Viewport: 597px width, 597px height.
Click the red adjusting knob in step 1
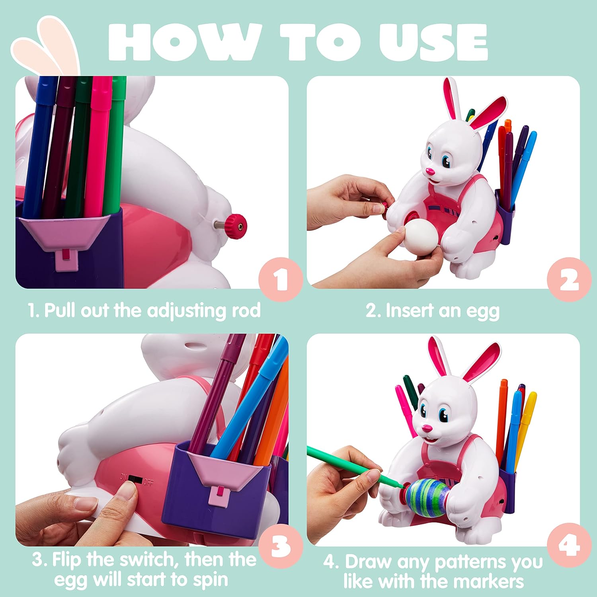[x=235, y=225]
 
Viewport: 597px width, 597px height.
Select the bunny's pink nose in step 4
[x=427, y=428]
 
